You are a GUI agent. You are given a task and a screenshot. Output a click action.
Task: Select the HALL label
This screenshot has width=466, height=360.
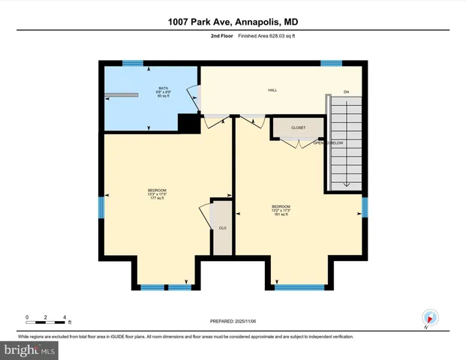coord(272,90)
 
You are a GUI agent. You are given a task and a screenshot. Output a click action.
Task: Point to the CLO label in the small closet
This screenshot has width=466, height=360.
coord(222,227)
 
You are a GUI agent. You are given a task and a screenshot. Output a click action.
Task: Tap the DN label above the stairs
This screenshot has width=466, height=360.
coord(346,91)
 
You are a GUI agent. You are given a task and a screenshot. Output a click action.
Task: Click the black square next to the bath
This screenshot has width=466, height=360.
coord(188,124)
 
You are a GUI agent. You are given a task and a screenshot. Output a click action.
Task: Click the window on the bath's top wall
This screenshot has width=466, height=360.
coord(133,64)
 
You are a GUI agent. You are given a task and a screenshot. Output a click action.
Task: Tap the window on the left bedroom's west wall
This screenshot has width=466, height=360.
coord(101,206)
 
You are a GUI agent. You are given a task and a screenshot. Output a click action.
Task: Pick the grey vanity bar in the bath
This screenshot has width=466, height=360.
coord(122,94)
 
